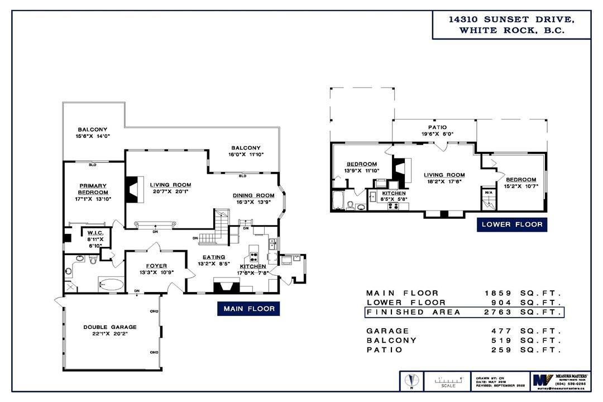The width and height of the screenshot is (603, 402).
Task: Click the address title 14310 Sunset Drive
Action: [511, 20]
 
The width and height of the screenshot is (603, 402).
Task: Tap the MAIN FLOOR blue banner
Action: [248, 309]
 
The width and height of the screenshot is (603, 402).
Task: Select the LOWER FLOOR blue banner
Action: [511, 225]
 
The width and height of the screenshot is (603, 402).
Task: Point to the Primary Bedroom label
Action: [93, 189]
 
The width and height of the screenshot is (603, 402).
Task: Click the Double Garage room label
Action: [110, 327]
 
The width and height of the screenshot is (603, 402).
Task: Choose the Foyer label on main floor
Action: [156, 266]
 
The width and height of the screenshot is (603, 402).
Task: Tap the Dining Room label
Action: [253, 195]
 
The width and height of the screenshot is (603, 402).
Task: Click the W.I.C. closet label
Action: [93, 234]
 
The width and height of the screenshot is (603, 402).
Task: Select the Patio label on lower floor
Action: [437, 127]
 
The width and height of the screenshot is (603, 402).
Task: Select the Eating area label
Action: [210, 257]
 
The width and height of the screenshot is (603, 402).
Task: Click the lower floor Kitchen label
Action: [394, 193]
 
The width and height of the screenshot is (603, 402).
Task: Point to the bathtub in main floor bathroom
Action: [111, 285]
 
